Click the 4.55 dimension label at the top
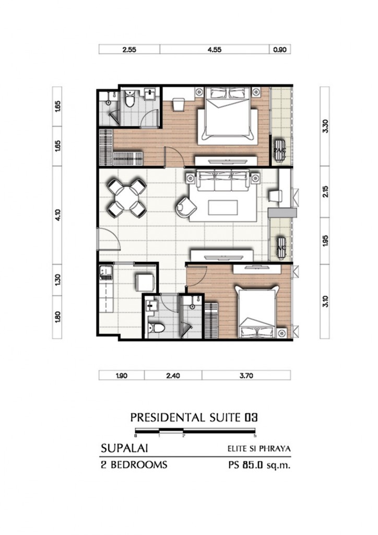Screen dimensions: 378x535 215,50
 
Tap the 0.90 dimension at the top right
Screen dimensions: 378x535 280,50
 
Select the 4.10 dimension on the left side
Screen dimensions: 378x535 57,215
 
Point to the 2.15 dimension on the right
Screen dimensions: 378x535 325,191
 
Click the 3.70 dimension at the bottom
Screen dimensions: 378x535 246,376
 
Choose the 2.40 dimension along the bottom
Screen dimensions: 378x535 173,376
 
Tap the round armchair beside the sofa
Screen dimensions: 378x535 186,207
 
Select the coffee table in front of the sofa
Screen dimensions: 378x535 223,207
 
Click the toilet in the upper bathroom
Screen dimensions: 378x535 129,99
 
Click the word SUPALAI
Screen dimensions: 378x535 124,448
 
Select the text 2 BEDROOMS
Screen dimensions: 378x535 134,464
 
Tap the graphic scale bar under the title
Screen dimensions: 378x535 195,431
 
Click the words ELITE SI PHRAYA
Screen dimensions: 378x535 259,448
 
